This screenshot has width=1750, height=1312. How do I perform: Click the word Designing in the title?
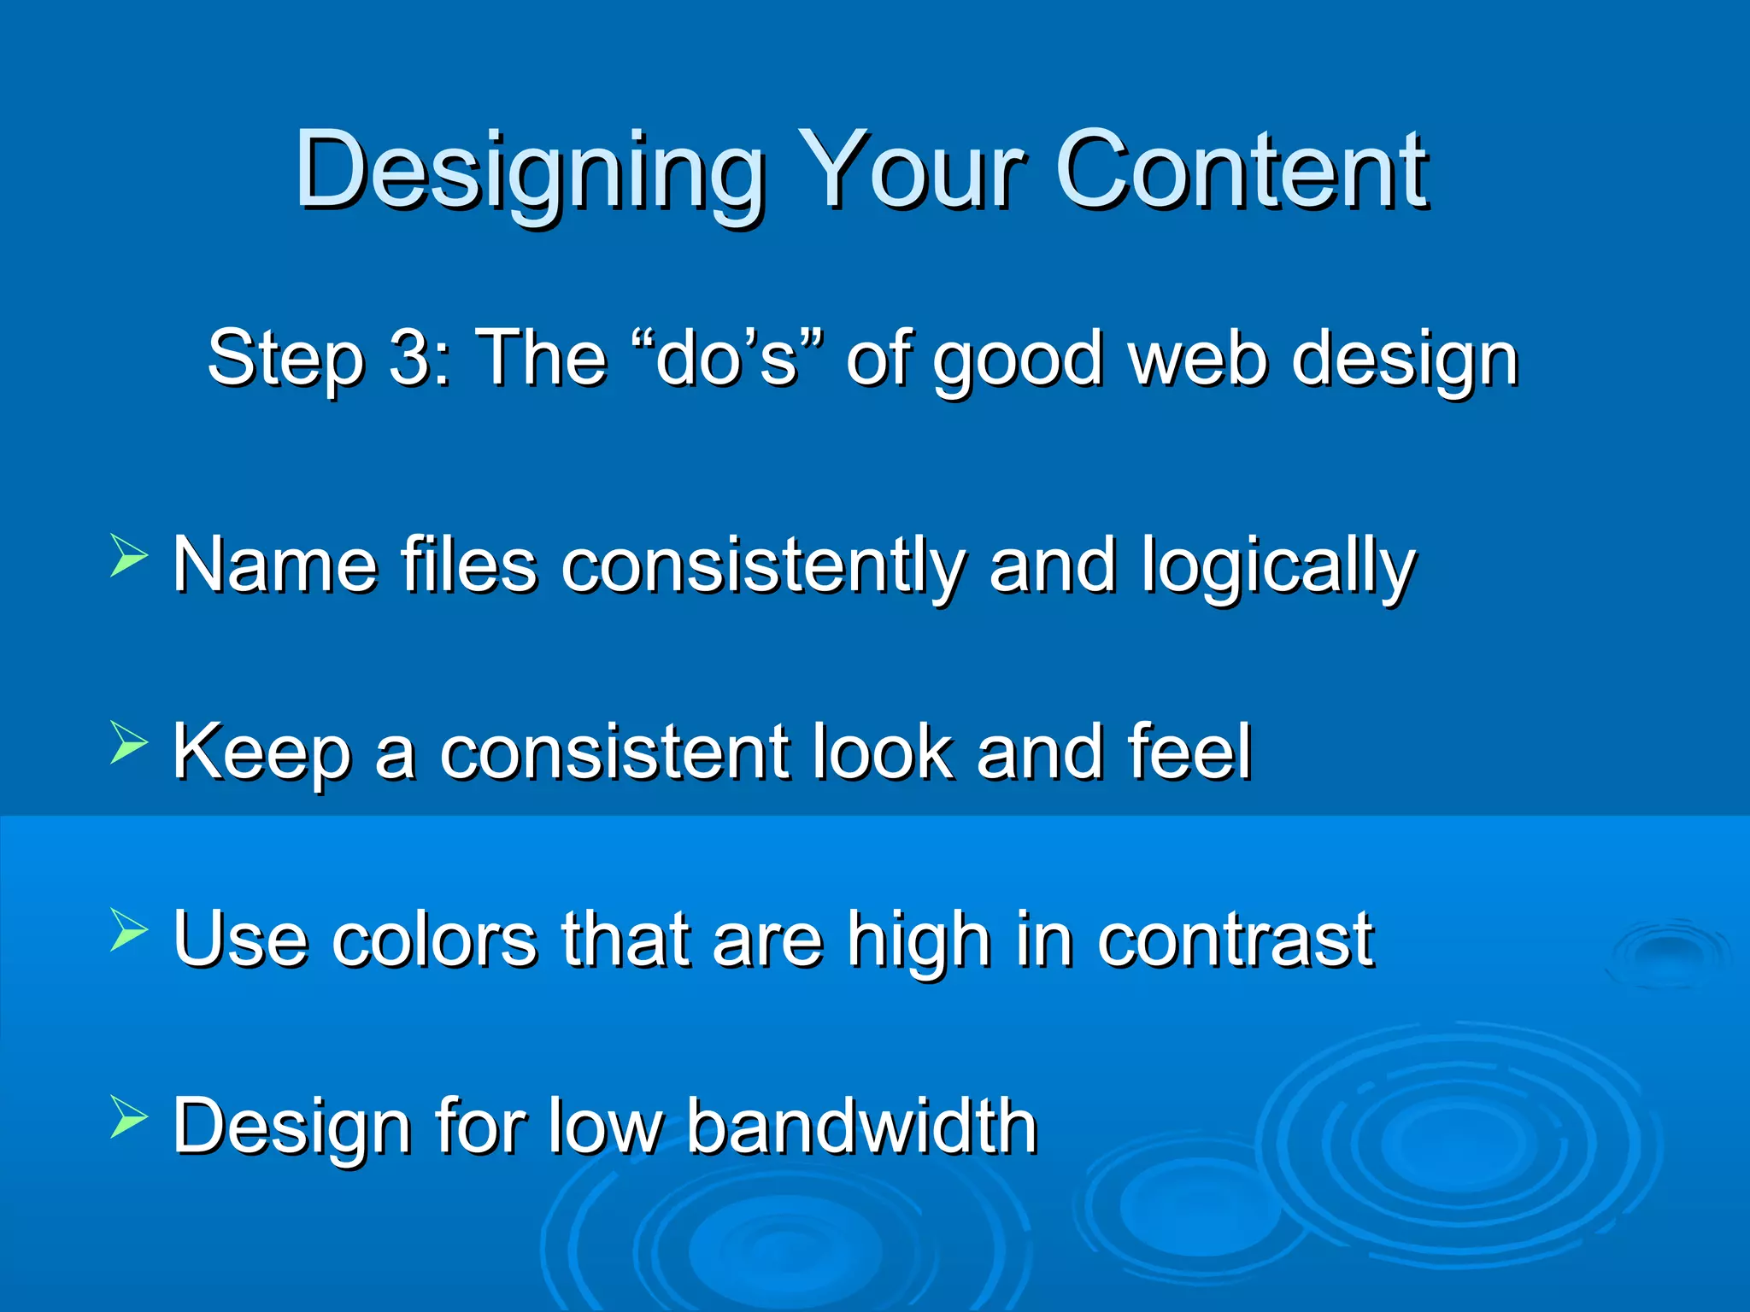[x=530, y=171]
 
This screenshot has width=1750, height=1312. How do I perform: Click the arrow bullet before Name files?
[x=128, y=556]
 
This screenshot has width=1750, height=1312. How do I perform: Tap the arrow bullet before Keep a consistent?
[x=128, y=742]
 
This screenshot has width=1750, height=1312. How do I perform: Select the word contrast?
[x=1236, y=940]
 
